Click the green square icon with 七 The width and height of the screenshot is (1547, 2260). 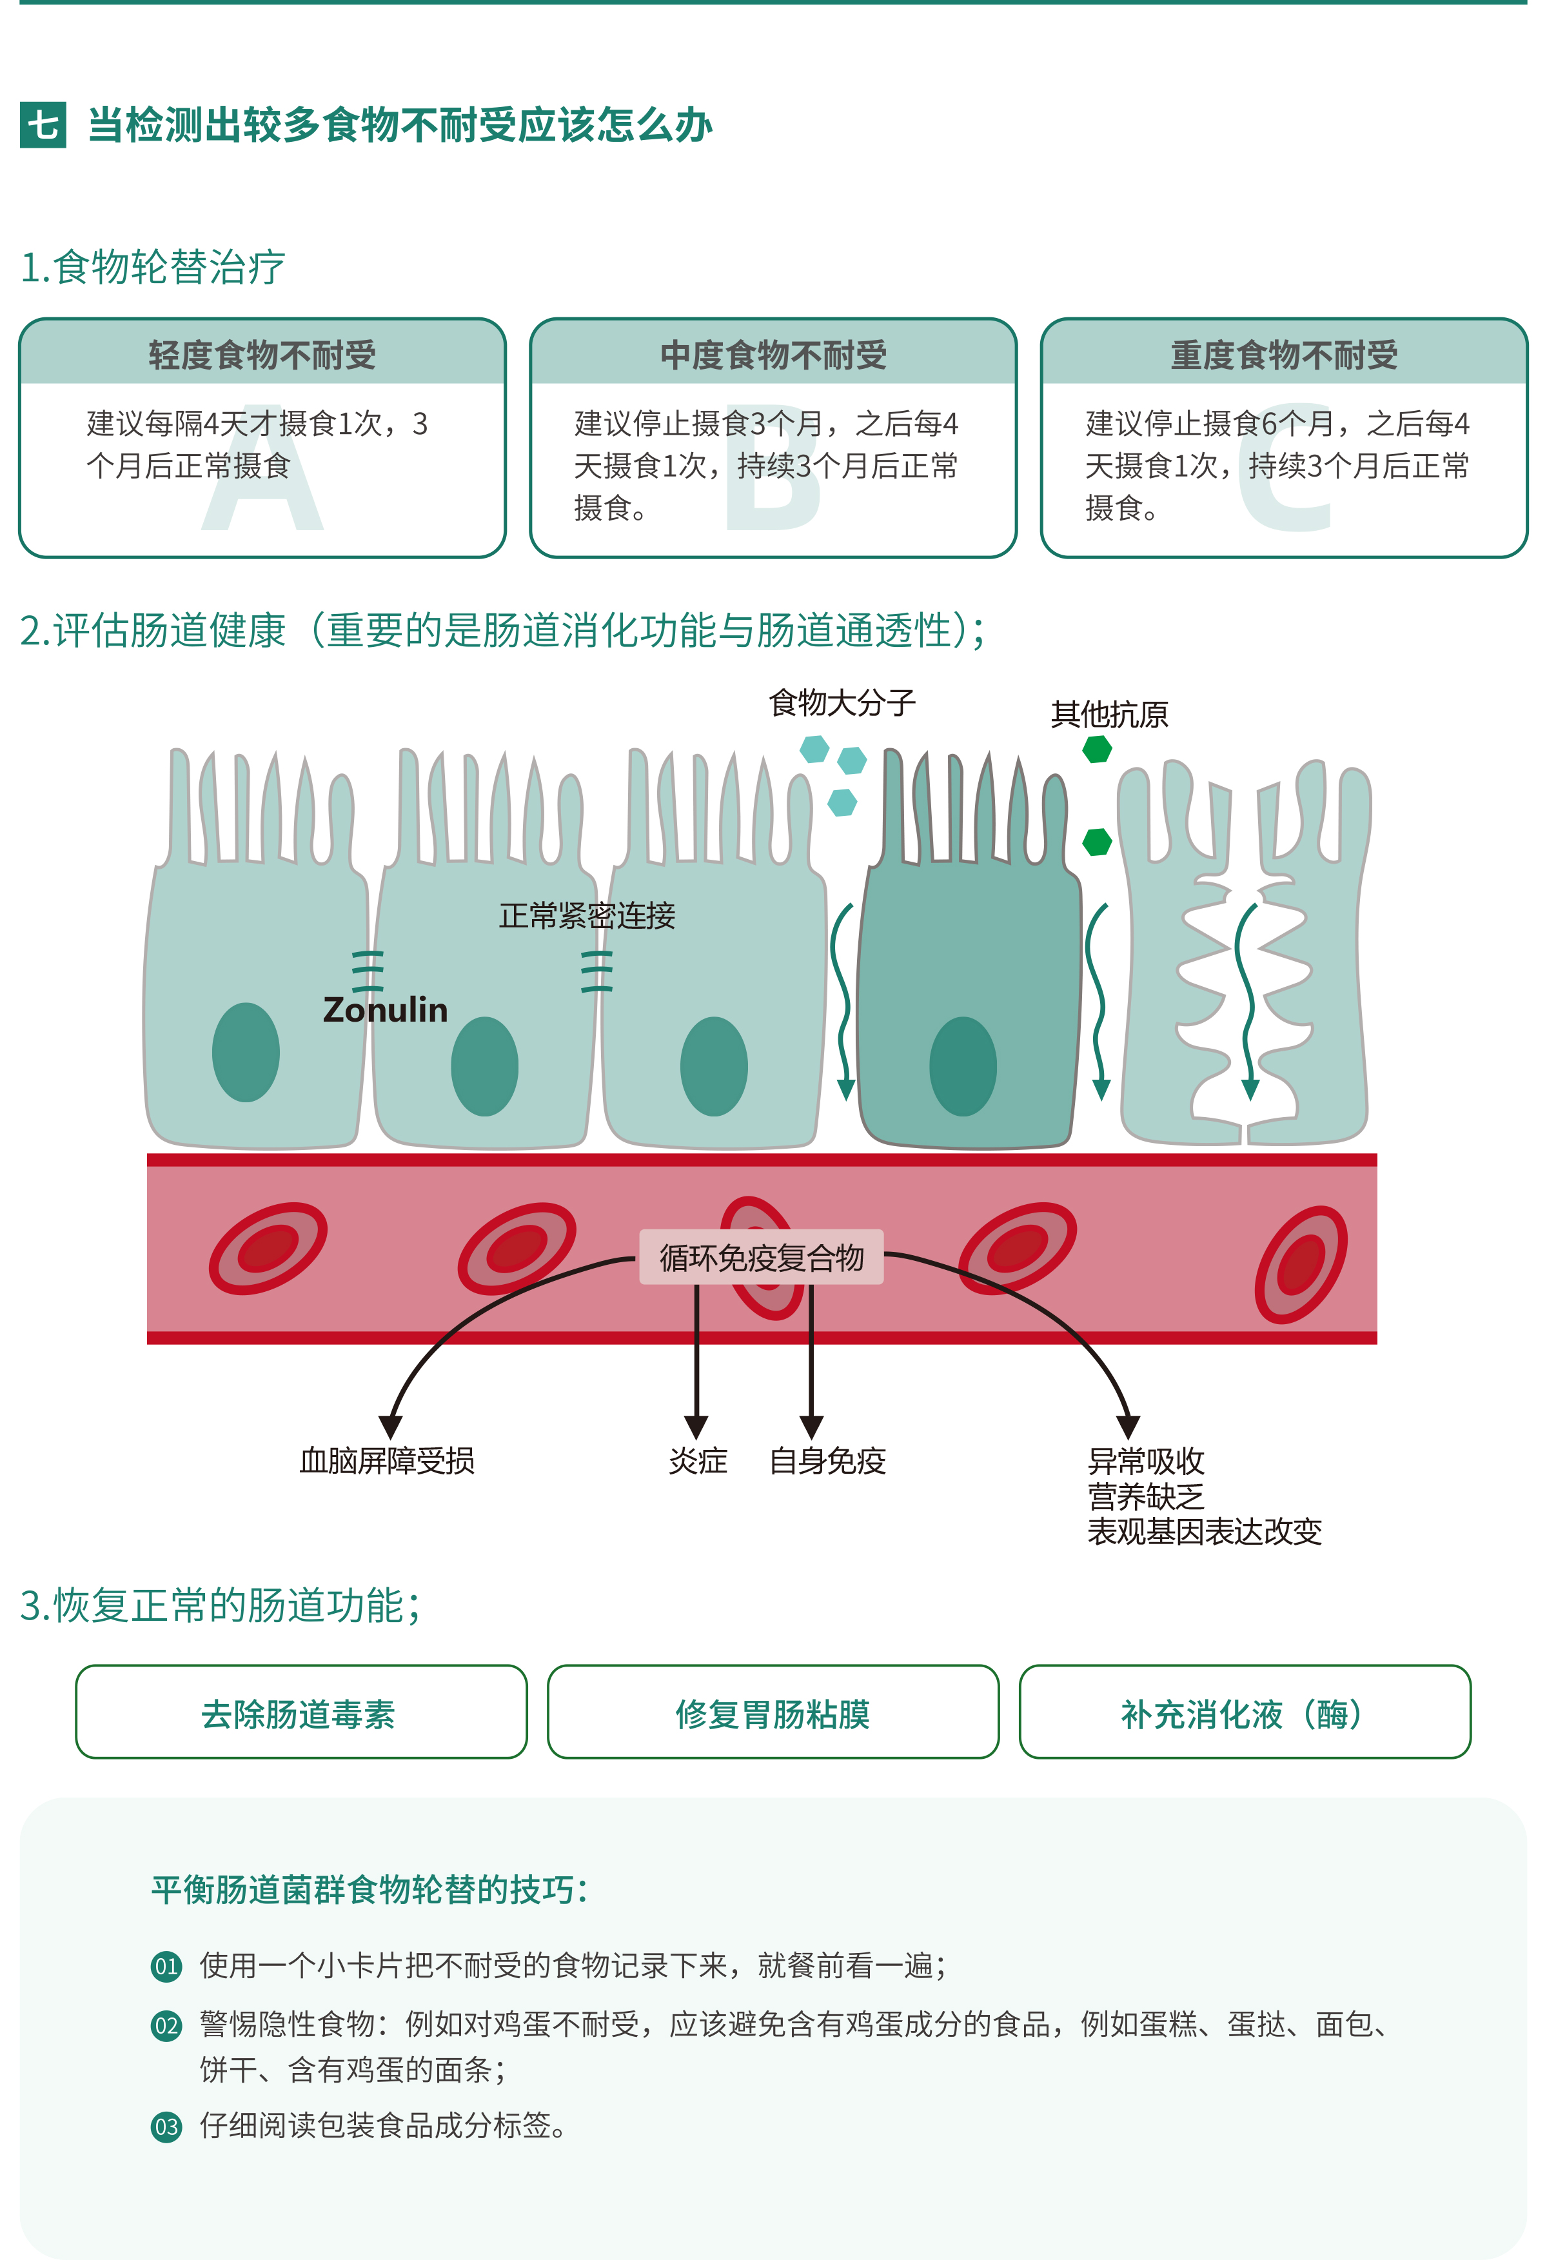point(43,124)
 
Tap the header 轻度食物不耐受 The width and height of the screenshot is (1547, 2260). point(262,355)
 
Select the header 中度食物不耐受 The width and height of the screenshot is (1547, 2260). point(773,355)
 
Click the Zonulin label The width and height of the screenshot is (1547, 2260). point(385,1009)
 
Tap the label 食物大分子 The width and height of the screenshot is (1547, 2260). point(842,702)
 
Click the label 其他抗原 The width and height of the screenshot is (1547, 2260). point(1109,715)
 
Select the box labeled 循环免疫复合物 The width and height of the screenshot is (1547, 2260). point(762,1258)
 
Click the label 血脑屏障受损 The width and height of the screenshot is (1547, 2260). point(387,1461)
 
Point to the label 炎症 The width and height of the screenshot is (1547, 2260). point(697,1461)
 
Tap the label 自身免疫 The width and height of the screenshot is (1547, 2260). point(827,1461)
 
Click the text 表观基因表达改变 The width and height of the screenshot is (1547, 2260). point(1204,1532)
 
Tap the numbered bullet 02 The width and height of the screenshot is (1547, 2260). point(166,2026)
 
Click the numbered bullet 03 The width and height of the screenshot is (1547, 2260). point(166,2126)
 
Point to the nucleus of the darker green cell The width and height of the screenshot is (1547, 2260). point(963,1066)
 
